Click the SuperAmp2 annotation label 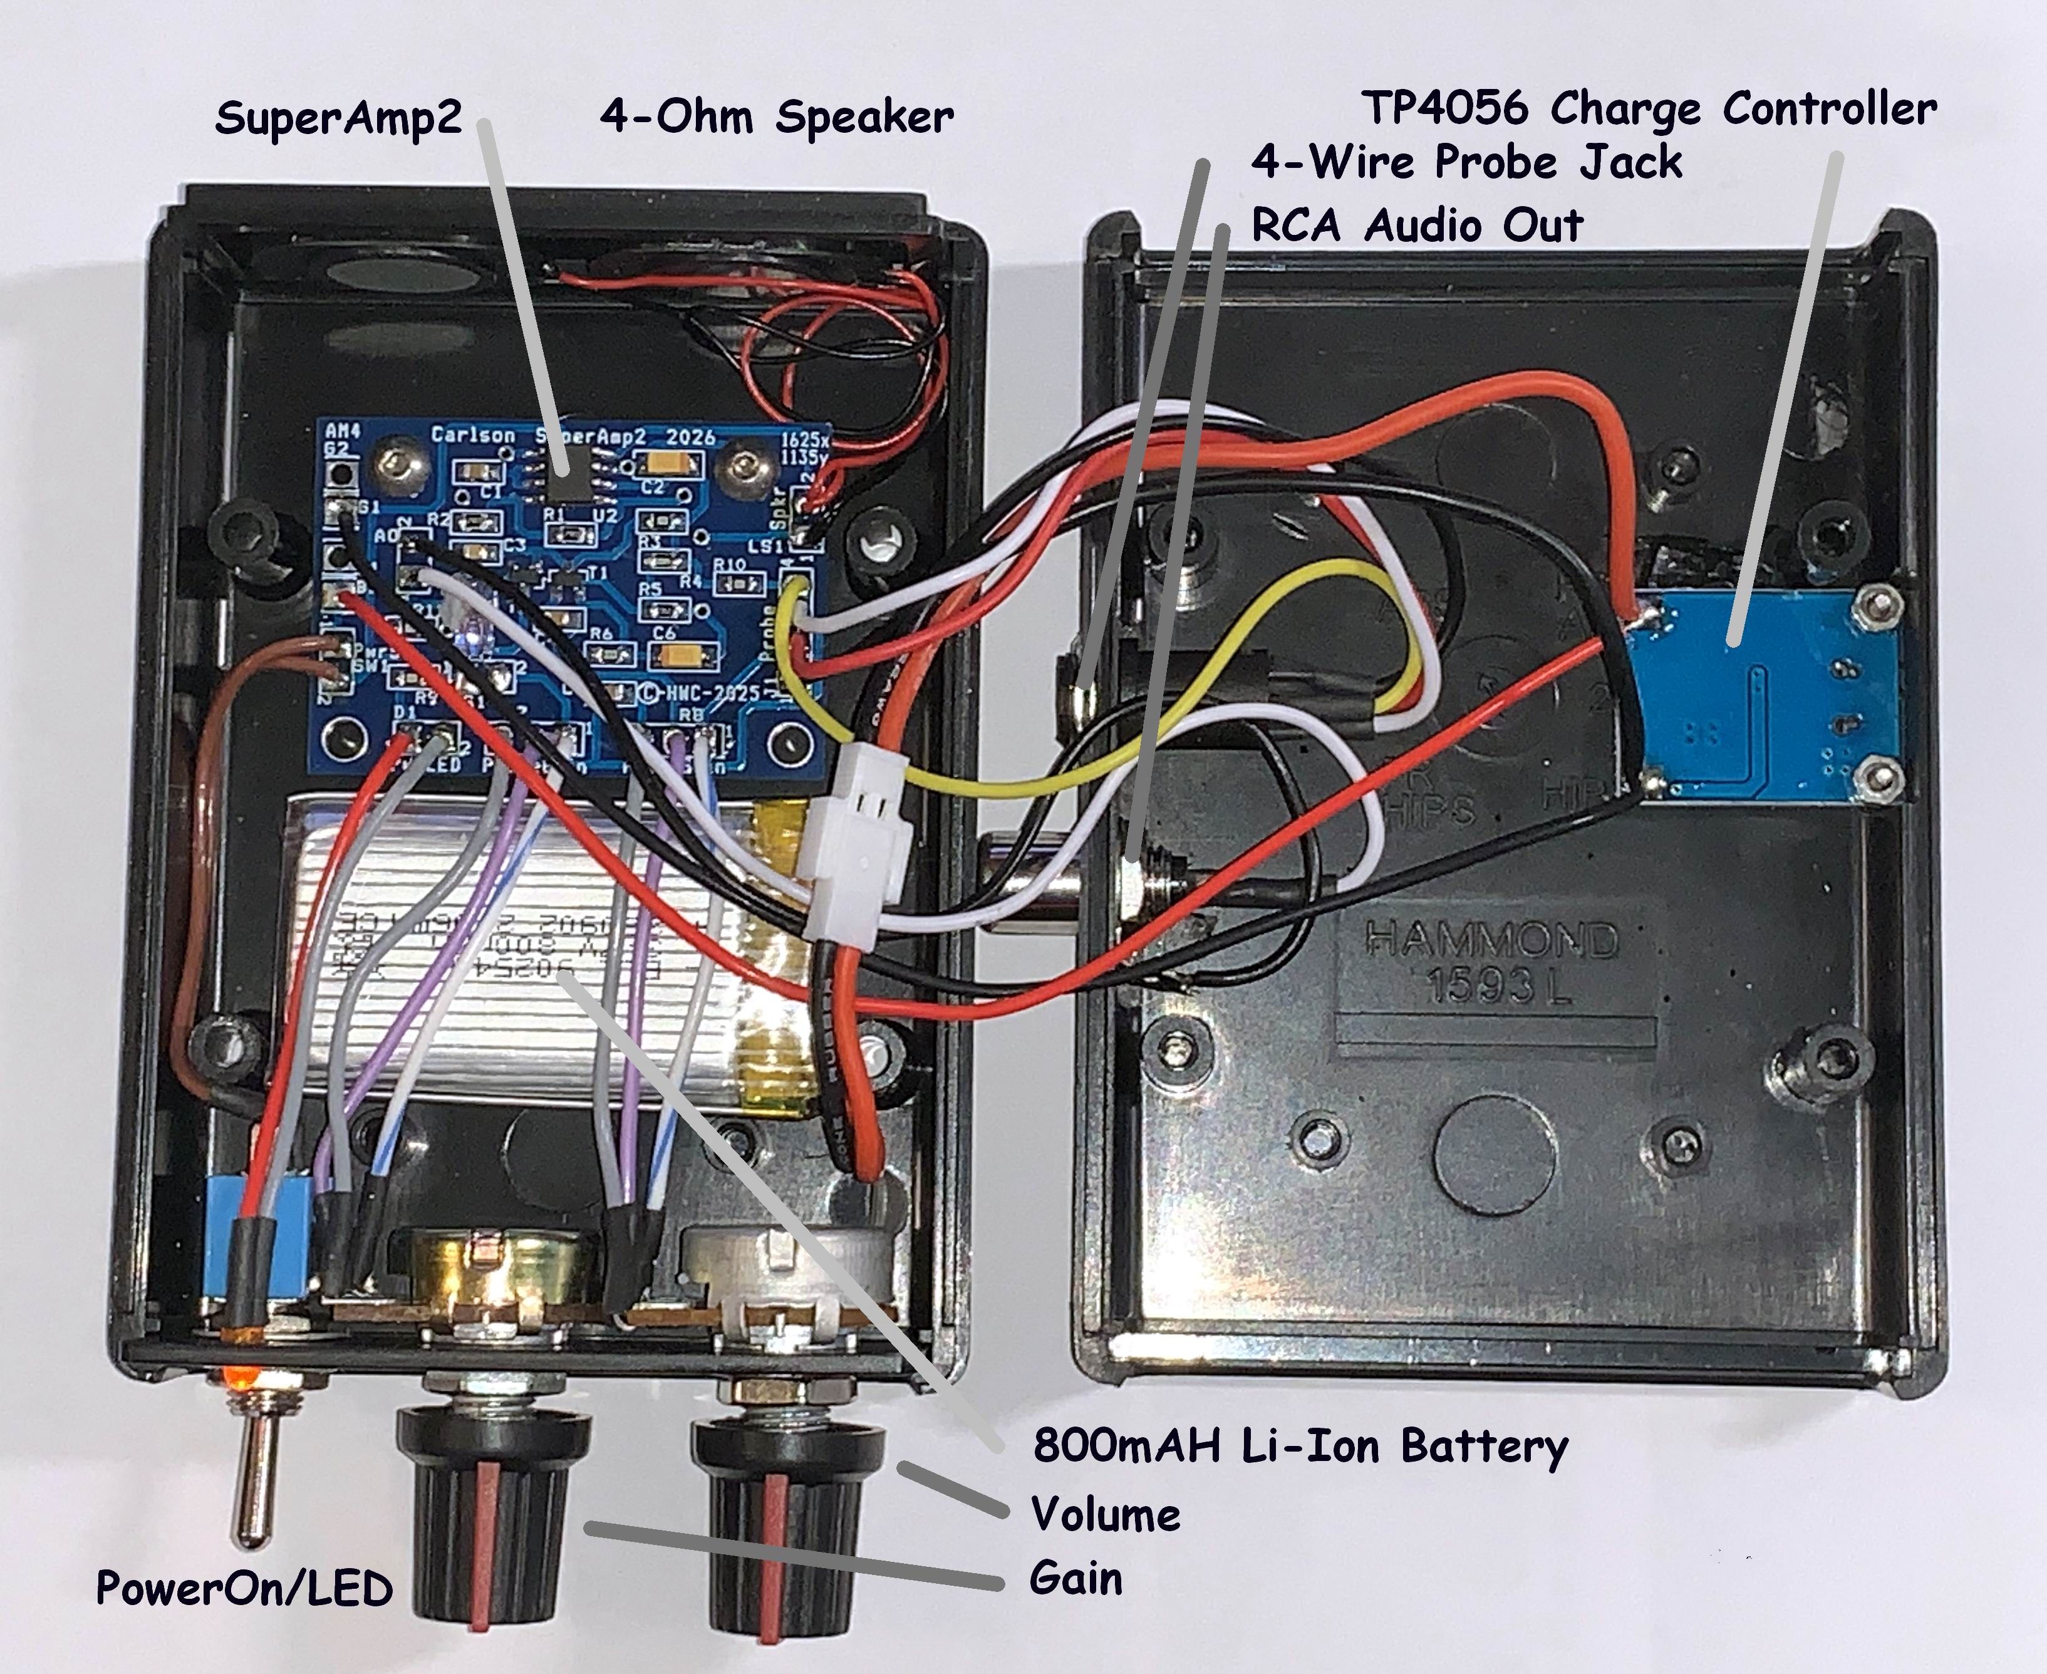(x=338, y=118)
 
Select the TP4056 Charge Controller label (x=1648, y=108)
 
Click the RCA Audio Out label (x=1417, y=226)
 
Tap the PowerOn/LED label (x=244, y=1588)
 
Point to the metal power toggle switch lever (x=252, y=1485)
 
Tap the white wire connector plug (x=863, y=848)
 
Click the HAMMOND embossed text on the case (x=1493, y=940)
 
